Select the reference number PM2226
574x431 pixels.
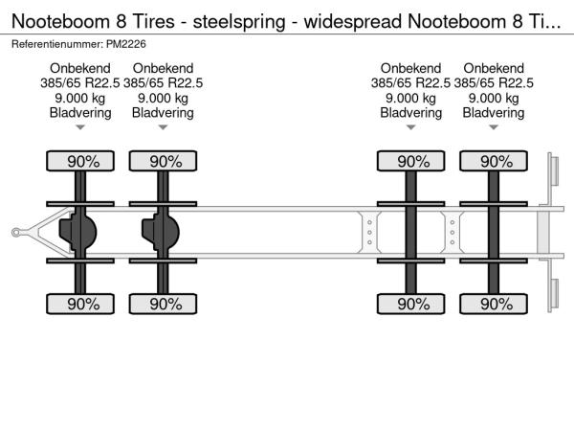pos(126,44)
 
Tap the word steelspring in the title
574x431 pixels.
pos(239,22)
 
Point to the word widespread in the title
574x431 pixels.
pos(353,22)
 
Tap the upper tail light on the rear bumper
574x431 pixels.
pos(555,170)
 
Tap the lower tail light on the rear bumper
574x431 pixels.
pos(555,293)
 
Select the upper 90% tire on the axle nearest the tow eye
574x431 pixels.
pos(80,161)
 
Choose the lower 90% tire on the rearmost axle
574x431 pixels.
pos(494,304)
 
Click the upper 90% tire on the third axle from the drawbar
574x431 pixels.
pos(410,161)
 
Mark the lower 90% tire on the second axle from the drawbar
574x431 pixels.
pos(163,304)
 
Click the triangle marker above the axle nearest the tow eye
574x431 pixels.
pos(80,127)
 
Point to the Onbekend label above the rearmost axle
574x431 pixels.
pos(494,68)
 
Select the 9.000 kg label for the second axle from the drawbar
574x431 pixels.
pos(163,99)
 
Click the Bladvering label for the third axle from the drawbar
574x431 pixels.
pos(410,113)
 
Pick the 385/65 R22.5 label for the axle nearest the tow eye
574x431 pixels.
pos(80,83)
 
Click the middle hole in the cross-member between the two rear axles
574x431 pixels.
pos(453,233)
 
